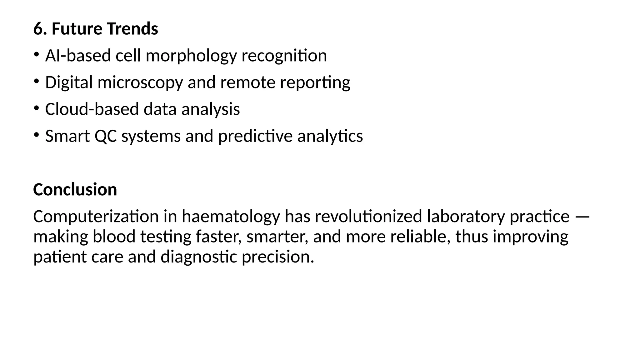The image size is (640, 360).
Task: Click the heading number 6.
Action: (x=38, y=29)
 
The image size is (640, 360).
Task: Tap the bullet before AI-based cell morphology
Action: (x=36, y=55)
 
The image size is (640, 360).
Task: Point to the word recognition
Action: (x=284, y=56)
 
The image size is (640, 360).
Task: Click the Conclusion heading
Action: (x=75, y=190)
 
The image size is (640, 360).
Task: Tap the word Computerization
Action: (x=96, y=217)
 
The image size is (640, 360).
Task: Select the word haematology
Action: (x=231, y=217)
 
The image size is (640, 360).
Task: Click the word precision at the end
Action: (x=277, y=257)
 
